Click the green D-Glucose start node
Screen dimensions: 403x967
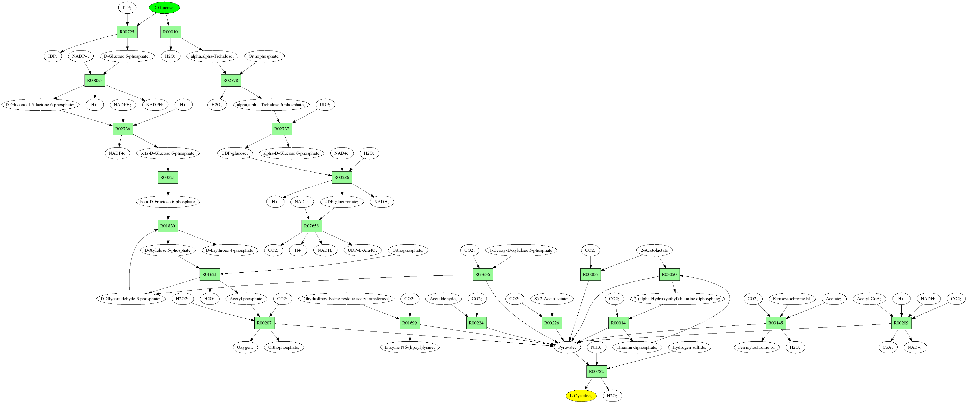pos(164,8)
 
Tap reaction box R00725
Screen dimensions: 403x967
pos(127,32)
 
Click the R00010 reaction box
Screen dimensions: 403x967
pos(170,32)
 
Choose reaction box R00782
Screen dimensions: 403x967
pos(596,371)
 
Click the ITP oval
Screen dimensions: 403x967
pos(127,8)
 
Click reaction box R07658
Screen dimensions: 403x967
pos(311,226)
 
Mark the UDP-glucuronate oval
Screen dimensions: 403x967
pos(341,202)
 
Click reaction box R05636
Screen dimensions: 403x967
pos(482,274)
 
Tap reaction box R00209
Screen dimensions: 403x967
pos(901,323)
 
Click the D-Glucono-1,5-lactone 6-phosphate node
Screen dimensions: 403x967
pos(40,105)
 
